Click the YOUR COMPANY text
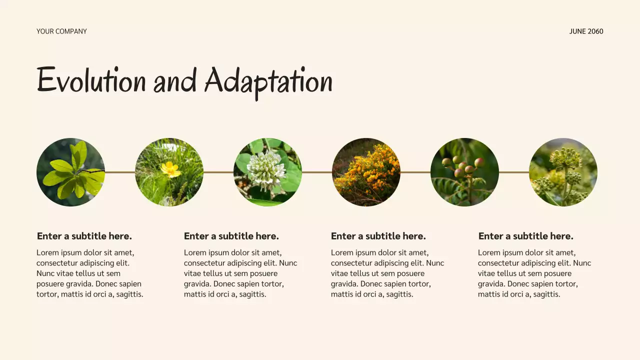click(61, 31)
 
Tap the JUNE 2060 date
click(586, 31)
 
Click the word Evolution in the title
click(91, 80)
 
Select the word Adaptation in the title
click(268, 81)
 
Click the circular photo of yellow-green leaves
click(70, 172)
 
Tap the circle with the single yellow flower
click(169, 172)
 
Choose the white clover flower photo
click(267, 172)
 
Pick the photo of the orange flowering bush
click(366, 172)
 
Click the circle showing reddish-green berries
click(464, 172)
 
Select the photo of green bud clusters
click(563, 172)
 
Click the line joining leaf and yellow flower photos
click(120, 172)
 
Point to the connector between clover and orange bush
click(317, 172)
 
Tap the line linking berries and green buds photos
click(514, 172)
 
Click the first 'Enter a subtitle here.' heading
click(84, 236)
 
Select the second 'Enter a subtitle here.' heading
click(231, 236)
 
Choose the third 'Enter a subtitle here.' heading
click(378, 236)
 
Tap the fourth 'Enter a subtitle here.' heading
click(526, 236)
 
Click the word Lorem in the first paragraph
click(47, 253)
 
